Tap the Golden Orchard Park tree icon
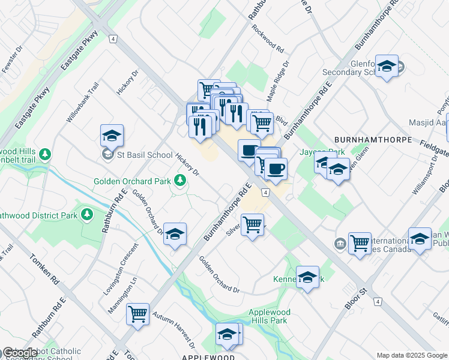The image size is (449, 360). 179,180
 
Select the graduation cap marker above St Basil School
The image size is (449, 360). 112,136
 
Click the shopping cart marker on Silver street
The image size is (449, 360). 253,224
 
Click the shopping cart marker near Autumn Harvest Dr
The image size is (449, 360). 138,313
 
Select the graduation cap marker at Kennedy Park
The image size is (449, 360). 307,277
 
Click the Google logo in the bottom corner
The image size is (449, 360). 20,353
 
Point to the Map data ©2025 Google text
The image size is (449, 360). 412,355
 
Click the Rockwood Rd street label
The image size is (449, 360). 268,37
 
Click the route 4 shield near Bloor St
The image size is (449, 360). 378,302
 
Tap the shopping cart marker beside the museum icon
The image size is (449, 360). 360,243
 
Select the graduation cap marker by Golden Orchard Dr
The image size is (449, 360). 175,235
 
